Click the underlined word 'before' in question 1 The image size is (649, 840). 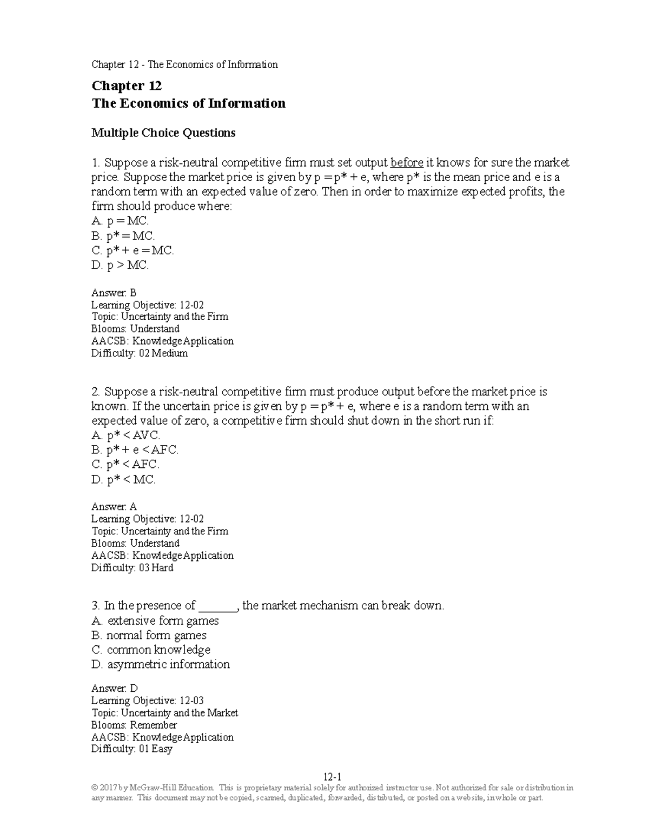(406, 163)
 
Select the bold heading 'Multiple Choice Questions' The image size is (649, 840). (163, 133)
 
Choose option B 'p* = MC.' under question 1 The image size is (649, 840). (123, 236)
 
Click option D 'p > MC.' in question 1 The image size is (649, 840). (120, 265)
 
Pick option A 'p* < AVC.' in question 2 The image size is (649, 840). (126, 435)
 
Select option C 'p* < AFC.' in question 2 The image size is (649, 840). (125, 465)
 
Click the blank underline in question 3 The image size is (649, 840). (218, 606)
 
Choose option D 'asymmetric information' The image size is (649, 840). (161, 664)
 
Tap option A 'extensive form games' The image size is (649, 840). (155, 621)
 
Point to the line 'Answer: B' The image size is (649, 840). (114, 293)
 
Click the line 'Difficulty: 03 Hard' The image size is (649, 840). (133, 568)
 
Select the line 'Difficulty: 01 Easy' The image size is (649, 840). (132, 749)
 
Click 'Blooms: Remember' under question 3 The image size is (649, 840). (134, 725)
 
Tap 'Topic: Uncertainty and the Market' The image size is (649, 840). (165, 713)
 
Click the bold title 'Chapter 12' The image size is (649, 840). (127, 86)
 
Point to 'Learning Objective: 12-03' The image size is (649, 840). (148, 700)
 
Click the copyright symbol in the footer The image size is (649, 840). (95, 788)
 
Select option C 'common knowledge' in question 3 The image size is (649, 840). (151, 650)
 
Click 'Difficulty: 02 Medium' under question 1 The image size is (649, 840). (140, 353)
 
